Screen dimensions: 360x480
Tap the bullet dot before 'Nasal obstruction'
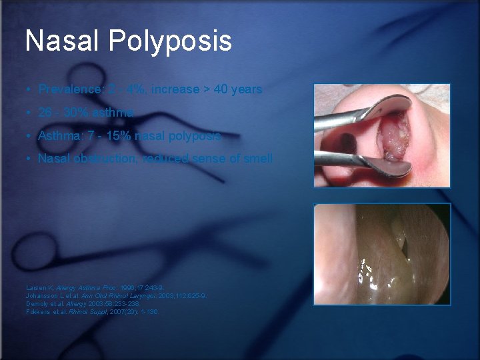[29, 159]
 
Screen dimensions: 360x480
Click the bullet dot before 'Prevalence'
[29, 89]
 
